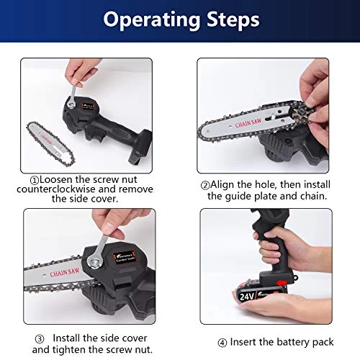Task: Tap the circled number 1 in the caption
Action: [34, 179]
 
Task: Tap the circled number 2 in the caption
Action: [204, 184]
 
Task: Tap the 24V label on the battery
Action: [247, 294]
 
